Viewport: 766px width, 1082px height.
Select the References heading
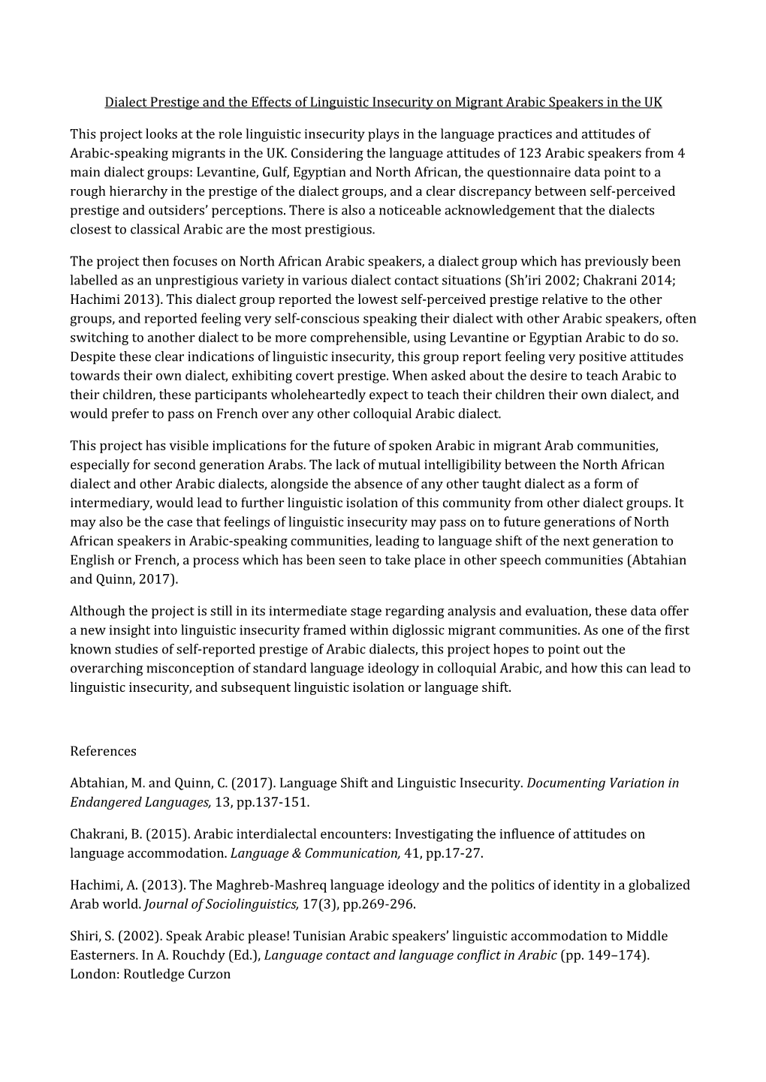104,751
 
